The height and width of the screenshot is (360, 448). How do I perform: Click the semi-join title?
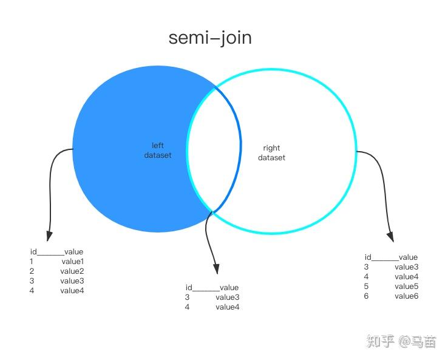click(210, 38)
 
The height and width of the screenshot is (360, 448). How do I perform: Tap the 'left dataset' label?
click(158, 150)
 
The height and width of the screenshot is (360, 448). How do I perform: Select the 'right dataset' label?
click(271, 153)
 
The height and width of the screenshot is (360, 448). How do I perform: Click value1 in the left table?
click(72, 262)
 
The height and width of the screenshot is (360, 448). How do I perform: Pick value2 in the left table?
click(72, 271)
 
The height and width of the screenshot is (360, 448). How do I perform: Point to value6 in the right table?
click(406, 296)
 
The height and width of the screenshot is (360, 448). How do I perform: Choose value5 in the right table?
click(406, 287)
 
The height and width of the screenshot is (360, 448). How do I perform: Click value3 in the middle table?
click(228, 297)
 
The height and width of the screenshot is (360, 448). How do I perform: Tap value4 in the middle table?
click(228, 307)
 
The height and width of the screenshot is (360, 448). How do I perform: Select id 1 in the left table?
click(32, 262)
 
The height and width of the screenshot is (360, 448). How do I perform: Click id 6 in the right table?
click(366, 296)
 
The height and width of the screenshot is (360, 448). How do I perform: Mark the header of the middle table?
click(212, 288)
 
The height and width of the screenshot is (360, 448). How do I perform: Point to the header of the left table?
click(56, 252)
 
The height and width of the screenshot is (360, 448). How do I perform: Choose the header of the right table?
click(391, 257)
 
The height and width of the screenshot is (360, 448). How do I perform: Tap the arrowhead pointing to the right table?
click(390, 236)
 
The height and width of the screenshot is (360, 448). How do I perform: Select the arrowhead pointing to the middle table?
click(215, 269)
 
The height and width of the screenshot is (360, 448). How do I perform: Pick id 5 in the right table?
click(366, 287)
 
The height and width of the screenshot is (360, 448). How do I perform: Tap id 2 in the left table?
click(32, 271)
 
